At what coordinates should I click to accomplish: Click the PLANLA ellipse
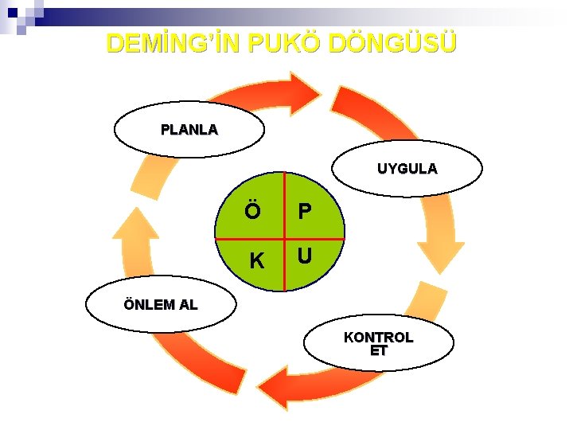(x=189, y=129)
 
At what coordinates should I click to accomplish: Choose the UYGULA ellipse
(x=407, y=169)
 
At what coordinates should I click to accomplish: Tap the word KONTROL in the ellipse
(x=379, y=337)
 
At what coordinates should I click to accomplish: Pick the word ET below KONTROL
(x=379, y=350)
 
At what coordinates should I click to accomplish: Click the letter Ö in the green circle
(x=252, y=212)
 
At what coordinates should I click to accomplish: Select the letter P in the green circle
(x=304, y=212)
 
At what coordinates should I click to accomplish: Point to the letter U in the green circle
(x=304, y=257)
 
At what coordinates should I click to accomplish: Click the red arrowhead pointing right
(x=303, y=92)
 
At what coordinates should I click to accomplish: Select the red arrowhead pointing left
(x=275, y=389)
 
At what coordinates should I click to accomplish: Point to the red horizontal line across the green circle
(x=239, y=238)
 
